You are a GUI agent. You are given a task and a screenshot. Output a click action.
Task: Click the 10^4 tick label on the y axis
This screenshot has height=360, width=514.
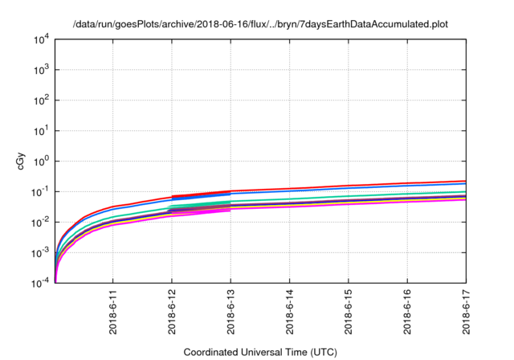[x=41, y=39]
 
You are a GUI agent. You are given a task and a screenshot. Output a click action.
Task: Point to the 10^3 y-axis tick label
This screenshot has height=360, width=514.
[x=41, y=70]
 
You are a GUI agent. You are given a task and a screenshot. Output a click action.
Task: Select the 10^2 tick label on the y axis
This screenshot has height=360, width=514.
[x=41, y=100]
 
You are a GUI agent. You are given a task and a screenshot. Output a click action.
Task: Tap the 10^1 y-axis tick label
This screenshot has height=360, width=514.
[x=41, y=130]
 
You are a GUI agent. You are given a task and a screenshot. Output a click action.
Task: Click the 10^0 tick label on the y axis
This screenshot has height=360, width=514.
[x=41, y=161]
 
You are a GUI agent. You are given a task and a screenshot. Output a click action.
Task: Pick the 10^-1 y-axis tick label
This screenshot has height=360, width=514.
[x=40, y=191]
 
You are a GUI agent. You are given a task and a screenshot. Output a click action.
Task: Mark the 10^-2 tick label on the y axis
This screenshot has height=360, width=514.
[x=40, y=222]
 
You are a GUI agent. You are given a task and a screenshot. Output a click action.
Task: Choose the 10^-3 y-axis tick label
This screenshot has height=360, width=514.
[x=40, y=252]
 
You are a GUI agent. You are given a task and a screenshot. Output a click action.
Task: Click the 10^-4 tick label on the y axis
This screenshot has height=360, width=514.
[x=40, y=283]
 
